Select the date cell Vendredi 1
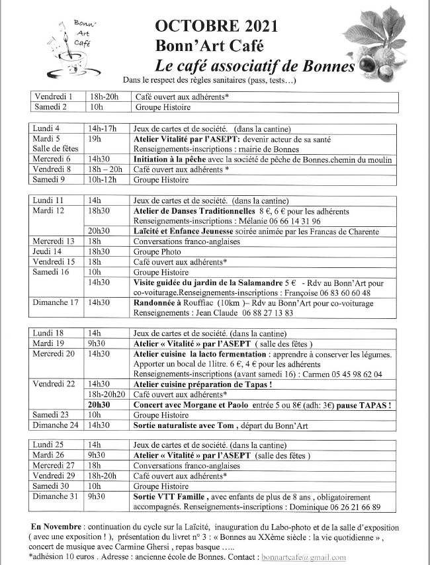click(54, 97)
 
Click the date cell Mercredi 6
click(52, 159)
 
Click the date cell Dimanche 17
click(56, 303)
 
